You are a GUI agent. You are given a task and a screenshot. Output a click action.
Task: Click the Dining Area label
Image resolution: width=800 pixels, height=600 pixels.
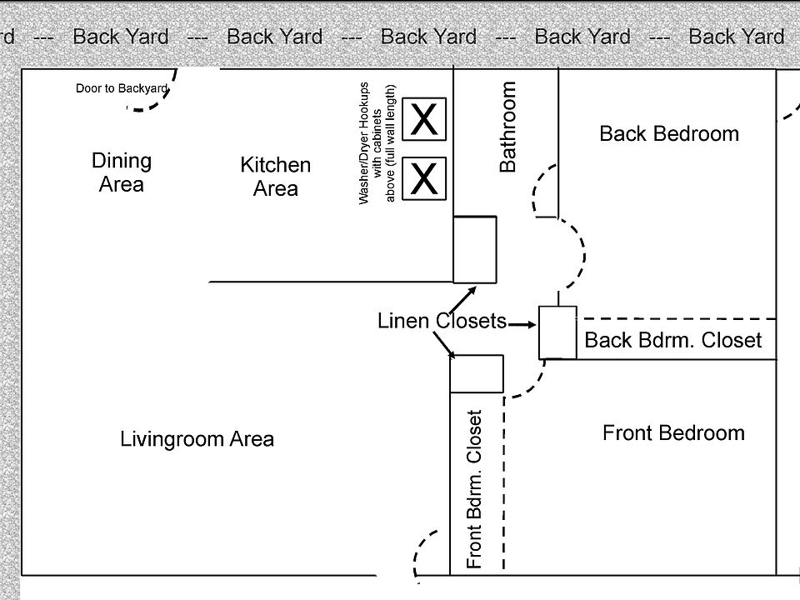(x=122, y=172)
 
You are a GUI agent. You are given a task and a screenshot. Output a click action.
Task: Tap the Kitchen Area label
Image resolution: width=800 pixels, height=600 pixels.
(x=275, y=177)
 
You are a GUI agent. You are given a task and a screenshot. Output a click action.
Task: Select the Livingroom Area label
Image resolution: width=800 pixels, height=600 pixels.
(x=197, y=438)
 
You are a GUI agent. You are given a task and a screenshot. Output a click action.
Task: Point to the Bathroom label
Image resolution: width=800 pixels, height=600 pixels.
(x=507, y=126)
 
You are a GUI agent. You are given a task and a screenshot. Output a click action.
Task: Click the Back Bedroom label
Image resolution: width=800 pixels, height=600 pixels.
(x=669, y=133)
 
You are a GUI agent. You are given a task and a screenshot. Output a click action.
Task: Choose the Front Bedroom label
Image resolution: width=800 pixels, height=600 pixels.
(x=673, y=432)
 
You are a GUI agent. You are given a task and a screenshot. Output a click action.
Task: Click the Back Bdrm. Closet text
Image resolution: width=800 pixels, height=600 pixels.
(x=672, y=340)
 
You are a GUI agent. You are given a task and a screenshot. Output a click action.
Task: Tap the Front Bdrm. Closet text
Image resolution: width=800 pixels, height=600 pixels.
(x=476, y=489)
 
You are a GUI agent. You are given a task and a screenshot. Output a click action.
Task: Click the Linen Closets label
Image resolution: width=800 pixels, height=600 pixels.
(x=442, y=321)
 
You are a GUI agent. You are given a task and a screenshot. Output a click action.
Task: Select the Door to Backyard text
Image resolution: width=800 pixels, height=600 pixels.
(x=122, y=88)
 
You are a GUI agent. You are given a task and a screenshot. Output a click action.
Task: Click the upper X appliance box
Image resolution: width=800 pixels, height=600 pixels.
(x=425, y=120)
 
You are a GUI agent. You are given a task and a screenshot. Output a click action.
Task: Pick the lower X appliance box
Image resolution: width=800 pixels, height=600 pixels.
(x=425, y=178)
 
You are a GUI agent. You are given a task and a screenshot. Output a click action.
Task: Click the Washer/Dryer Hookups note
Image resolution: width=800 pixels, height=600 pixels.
(x=377, y=144)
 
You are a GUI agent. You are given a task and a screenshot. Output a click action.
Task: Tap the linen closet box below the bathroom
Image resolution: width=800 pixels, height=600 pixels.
(x=475, y=250)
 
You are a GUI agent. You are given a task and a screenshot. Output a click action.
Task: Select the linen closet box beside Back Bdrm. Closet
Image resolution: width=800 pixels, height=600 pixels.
(x=557, y=332)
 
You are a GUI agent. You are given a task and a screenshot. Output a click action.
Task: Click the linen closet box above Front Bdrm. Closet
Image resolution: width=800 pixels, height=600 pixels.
(x=477, y=373)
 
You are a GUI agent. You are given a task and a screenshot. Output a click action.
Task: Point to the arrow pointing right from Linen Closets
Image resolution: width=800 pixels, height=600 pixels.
(x=522, y=324)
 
